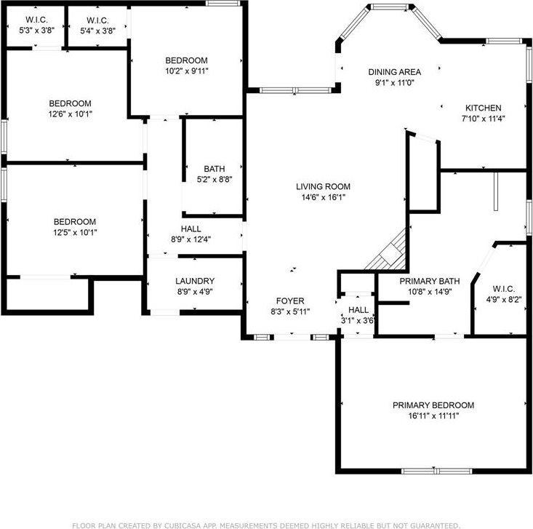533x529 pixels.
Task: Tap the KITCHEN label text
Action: point(484,108)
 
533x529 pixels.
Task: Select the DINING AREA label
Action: point(394,72)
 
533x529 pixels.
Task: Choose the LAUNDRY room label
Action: point(195,281)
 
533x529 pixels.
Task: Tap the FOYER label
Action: point(289,301)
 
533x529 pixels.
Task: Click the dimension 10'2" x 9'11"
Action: point(186,71)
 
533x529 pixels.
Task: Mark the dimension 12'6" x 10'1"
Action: point(71,114)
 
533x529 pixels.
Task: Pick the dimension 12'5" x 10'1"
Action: point(75,233)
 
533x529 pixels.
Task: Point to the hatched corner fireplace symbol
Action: point(387,251)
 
